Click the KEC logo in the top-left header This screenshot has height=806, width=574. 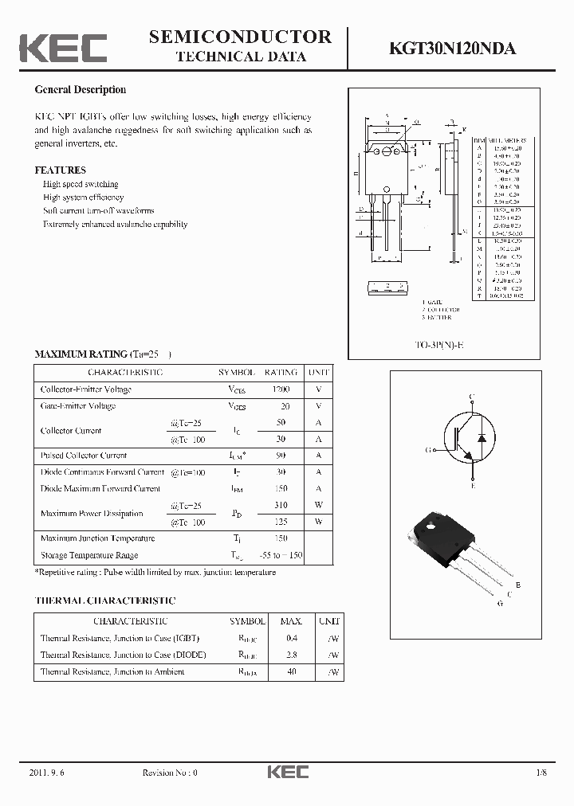63,48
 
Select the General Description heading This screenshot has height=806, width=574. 80,90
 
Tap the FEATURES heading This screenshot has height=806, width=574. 60,170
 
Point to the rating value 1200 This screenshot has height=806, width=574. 281,389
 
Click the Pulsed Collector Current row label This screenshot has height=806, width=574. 84,456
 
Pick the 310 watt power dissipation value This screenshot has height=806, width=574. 281,506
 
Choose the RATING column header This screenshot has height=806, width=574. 281,373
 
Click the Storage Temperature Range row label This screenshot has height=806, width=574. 89,555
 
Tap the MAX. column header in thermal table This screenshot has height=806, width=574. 291,621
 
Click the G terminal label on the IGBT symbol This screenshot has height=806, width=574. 428,450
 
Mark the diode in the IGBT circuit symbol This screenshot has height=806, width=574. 482,439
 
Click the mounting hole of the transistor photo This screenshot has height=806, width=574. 430,526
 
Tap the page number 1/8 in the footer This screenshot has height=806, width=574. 542,773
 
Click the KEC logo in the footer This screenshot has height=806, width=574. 287,772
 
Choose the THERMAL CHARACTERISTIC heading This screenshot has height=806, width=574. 105,601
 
